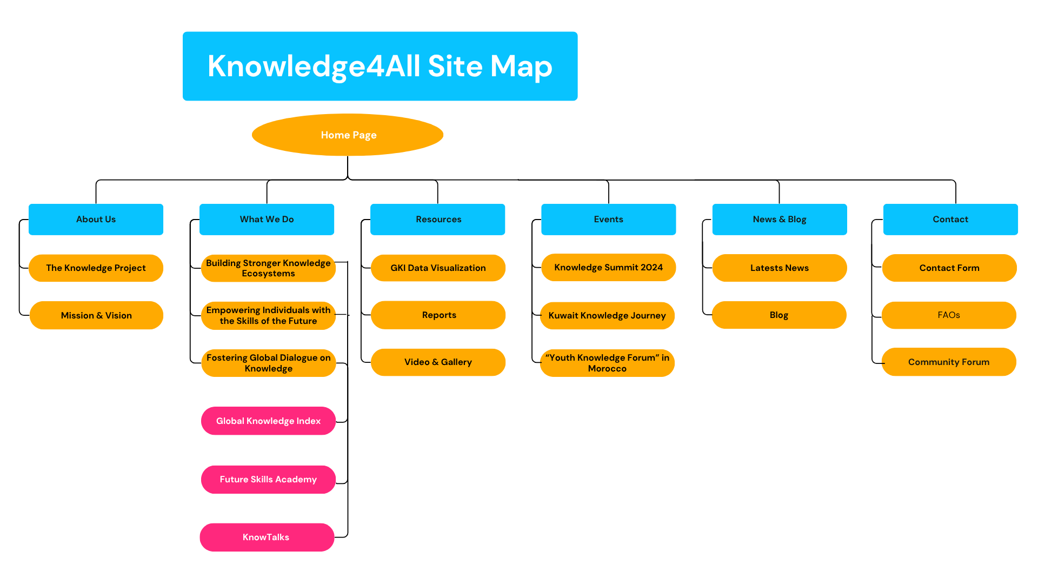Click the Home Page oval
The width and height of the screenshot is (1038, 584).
click(348, 135)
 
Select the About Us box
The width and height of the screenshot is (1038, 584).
click(96, 219)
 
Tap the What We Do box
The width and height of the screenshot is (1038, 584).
click(267, 219)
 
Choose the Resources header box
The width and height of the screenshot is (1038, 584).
click(437, 219)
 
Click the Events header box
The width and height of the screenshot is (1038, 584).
click(608, 219)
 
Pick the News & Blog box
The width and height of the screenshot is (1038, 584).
click(779, 219)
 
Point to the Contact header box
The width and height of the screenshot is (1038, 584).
click(950, 219)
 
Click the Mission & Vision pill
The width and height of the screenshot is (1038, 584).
click(96, 315)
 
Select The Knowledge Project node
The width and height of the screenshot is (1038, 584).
click(96, 268)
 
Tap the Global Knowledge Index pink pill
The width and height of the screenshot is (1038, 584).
click(268, 421)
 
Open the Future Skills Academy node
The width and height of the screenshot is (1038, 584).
click(268, 479)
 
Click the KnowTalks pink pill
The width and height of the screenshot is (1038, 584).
click(267, 537)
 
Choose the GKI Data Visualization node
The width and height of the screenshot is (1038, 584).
click(438, 268)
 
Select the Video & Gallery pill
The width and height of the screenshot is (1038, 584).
click(438, 362)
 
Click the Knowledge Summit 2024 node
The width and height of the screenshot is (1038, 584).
click(608, 267)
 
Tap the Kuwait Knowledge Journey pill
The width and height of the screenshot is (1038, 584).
click(607, 315)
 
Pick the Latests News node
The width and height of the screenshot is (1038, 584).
click(779, 268)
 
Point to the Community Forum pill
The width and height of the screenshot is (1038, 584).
click(949, 362)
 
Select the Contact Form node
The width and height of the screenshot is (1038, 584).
click(949, 268)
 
